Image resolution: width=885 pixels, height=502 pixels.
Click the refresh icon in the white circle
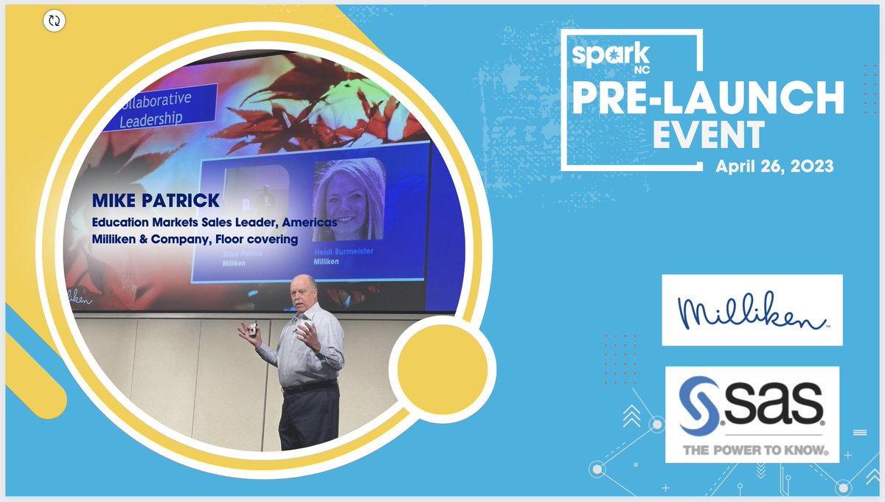(x=54, y=21)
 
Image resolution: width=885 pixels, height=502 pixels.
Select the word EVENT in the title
(x=707, y=136)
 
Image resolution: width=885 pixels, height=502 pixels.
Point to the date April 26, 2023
(x=774, y=167)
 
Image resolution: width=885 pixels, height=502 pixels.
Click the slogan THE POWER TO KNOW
(x=752, y=449)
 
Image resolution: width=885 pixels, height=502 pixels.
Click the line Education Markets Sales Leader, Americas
(x=215, y=222)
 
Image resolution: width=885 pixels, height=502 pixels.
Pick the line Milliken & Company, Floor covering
(x=194, y=239)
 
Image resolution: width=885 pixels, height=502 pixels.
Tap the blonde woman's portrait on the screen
(x=348, y=200)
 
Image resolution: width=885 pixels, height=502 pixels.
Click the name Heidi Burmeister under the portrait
(x=344, y=252)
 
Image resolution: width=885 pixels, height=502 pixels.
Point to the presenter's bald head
(x=305, y=284)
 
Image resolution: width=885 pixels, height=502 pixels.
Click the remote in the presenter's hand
(x=252, y=330)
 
